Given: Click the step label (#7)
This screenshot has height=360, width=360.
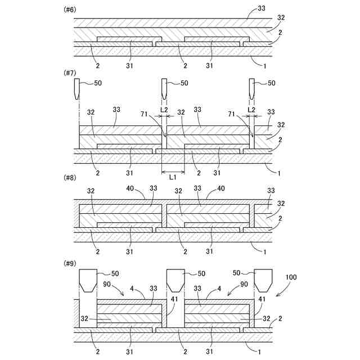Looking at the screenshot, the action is click(70, 73).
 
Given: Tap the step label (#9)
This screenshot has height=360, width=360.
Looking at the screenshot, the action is click(70, 263).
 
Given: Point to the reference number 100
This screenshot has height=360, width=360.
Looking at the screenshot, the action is click(291, 278).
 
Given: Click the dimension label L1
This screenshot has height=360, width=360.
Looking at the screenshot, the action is click(173, 176).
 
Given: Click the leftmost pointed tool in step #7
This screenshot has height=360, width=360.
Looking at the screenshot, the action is click(77, 88).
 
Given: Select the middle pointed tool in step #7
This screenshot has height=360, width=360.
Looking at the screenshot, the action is click(164, 88).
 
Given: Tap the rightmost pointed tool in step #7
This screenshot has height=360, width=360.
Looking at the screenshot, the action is click(251, 88).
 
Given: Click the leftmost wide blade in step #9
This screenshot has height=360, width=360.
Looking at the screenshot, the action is click(87, 280).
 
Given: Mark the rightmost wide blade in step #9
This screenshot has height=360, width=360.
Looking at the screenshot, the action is click(263, 280).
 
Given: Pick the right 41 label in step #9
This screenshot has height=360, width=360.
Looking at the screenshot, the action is click(262, 300).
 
